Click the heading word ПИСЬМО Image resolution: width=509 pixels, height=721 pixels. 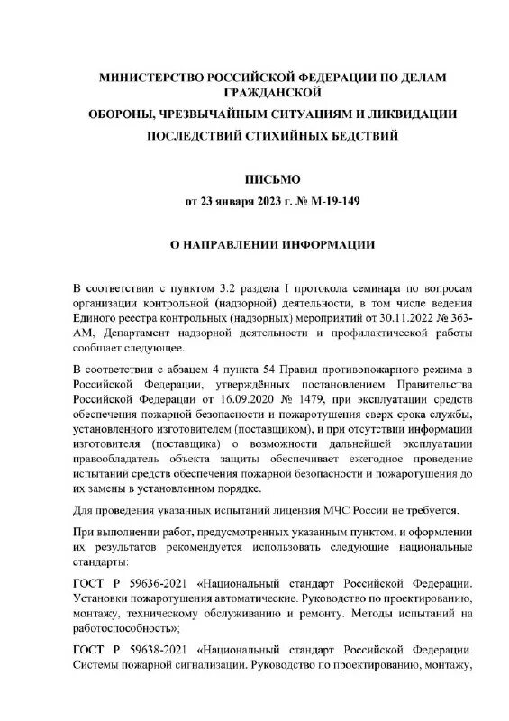(254, 179)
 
